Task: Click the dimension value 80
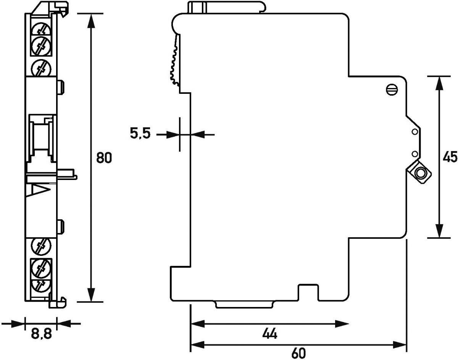coord(103,158)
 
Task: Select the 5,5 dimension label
coord(140,134)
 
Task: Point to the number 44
coord(269,334)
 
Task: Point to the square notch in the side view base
coord(308,292)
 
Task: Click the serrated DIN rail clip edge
coord(175,61)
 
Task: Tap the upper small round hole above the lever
coord(414,132)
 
